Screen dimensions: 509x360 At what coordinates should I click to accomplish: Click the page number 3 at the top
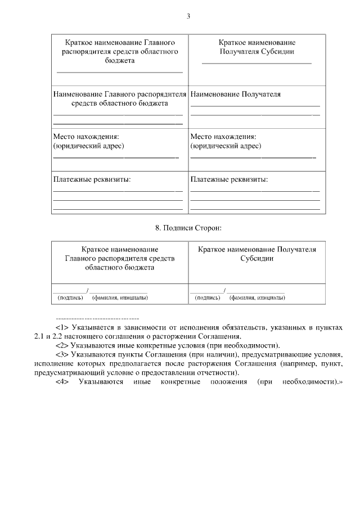tap(188, 16)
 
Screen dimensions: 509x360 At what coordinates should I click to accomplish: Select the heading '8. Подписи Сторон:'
tap(188, 228)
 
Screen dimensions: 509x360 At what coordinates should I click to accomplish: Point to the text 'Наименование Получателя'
tap(236, 94)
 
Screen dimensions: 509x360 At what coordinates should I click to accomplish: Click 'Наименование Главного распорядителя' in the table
tap(119, 94)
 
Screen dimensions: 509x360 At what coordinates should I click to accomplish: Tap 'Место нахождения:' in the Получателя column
tap(223, 137)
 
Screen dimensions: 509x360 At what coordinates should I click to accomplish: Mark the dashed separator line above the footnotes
tap(98, 318)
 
